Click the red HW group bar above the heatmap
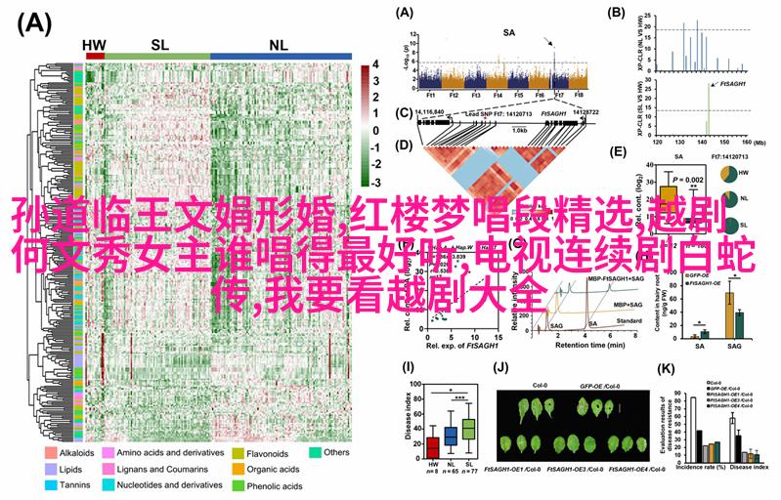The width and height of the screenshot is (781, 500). pyautogui.click(x=95, y=57)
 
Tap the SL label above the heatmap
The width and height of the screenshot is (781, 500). pyautogui.click(x=159, y=44)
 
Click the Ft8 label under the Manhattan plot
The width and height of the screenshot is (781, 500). pyautogui.click(x=579, y=96)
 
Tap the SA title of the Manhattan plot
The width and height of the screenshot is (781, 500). pyautogui.click(x=508, y=32)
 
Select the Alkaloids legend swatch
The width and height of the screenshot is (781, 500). pyautogui.click(x=49, y=453)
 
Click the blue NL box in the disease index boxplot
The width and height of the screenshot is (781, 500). pyautogui.click(x=451, y=436)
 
